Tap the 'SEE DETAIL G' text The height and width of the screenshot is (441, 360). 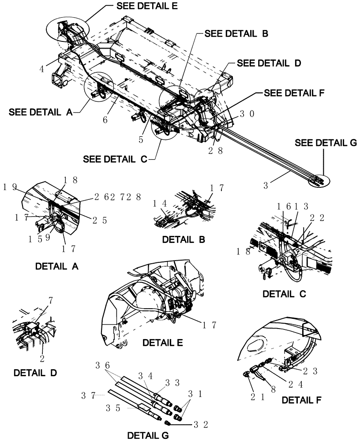pos(326,143)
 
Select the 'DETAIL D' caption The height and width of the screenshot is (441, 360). pos(35,372)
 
